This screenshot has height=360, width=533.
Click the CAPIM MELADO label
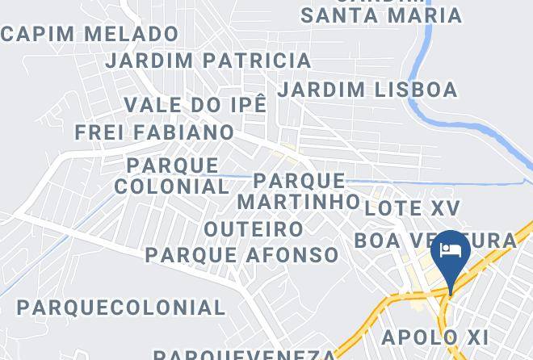[x=90, y=34]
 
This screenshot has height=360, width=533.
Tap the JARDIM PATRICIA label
[x=208, y=61]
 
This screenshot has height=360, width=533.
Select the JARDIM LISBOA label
[x=367, y=89]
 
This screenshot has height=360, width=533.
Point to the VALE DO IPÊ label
[x=195, y=105]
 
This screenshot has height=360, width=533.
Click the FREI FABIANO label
[x=155, y=132]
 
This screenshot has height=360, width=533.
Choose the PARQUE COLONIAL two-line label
[x=172, y=176]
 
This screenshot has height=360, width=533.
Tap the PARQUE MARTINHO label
[x=299, y=190]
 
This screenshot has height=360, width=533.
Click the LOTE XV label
[x=412, y=207]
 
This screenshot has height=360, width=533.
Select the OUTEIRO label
[x=254, y=229]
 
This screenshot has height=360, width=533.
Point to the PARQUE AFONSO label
[x=242, y=255]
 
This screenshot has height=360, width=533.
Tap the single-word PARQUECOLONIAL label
[x=121, y=308]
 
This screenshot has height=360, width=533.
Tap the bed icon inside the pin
[x=451, y=249]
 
